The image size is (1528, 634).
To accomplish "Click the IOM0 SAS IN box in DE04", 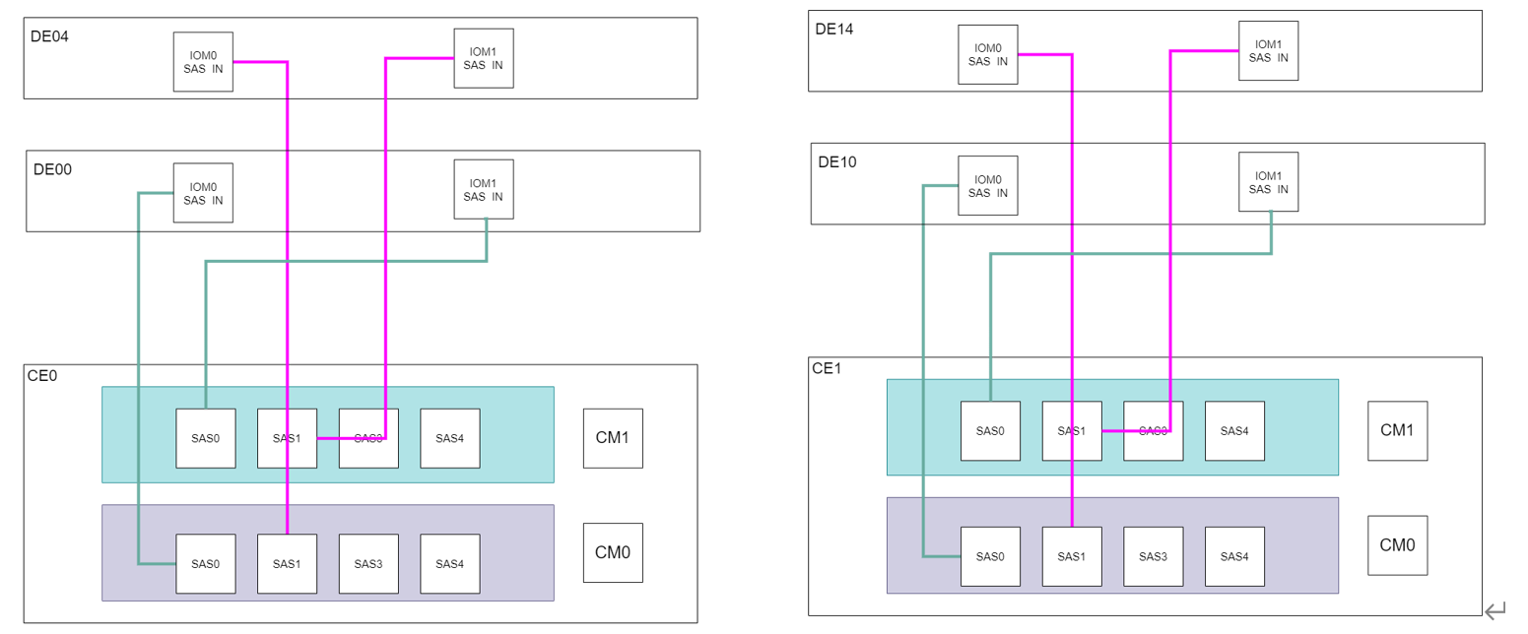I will (203, 61).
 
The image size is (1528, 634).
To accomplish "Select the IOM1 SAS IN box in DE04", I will (483, 58).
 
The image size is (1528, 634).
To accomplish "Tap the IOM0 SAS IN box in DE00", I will (203, 193).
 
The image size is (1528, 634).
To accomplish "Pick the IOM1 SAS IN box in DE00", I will (483, 189).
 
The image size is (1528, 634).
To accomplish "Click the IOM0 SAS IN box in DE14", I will (987, 54).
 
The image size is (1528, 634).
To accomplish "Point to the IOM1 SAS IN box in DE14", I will (1268, 50).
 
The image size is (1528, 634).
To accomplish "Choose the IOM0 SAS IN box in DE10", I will (987, 185).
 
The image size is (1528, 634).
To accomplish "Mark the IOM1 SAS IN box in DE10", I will (1268, 182).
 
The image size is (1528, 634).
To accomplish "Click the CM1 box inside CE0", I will (612, 438).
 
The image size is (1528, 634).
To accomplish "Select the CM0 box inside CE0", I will (612, 552).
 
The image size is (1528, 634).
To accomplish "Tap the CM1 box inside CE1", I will (1397, 430).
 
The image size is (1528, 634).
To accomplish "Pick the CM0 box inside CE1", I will (1397, 545).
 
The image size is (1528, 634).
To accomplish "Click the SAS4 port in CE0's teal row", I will (449, 438).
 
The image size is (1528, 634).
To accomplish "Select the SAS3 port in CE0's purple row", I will (368, 564).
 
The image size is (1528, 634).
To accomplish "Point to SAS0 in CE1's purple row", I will (990, 556).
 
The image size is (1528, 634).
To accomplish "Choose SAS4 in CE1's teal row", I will (1234, 431).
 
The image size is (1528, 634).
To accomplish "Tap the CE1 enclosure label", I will (826, 369).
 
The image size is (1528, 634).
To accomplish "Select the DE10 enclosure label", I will (836, 161).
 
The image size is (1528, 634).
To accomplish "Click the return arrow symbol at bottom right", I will (1495, 611).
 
